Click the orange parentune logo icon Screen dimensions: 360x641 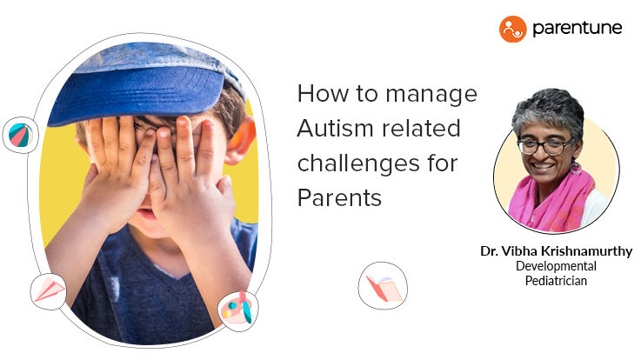[x=512, y=29]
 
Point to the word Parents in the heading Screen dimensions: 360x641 [x=339, y=197]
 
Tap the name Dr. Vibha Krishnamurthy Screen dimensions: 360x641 [x=556, y=251]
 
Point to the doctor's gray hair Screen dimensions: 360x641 [x=548, y=110]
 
